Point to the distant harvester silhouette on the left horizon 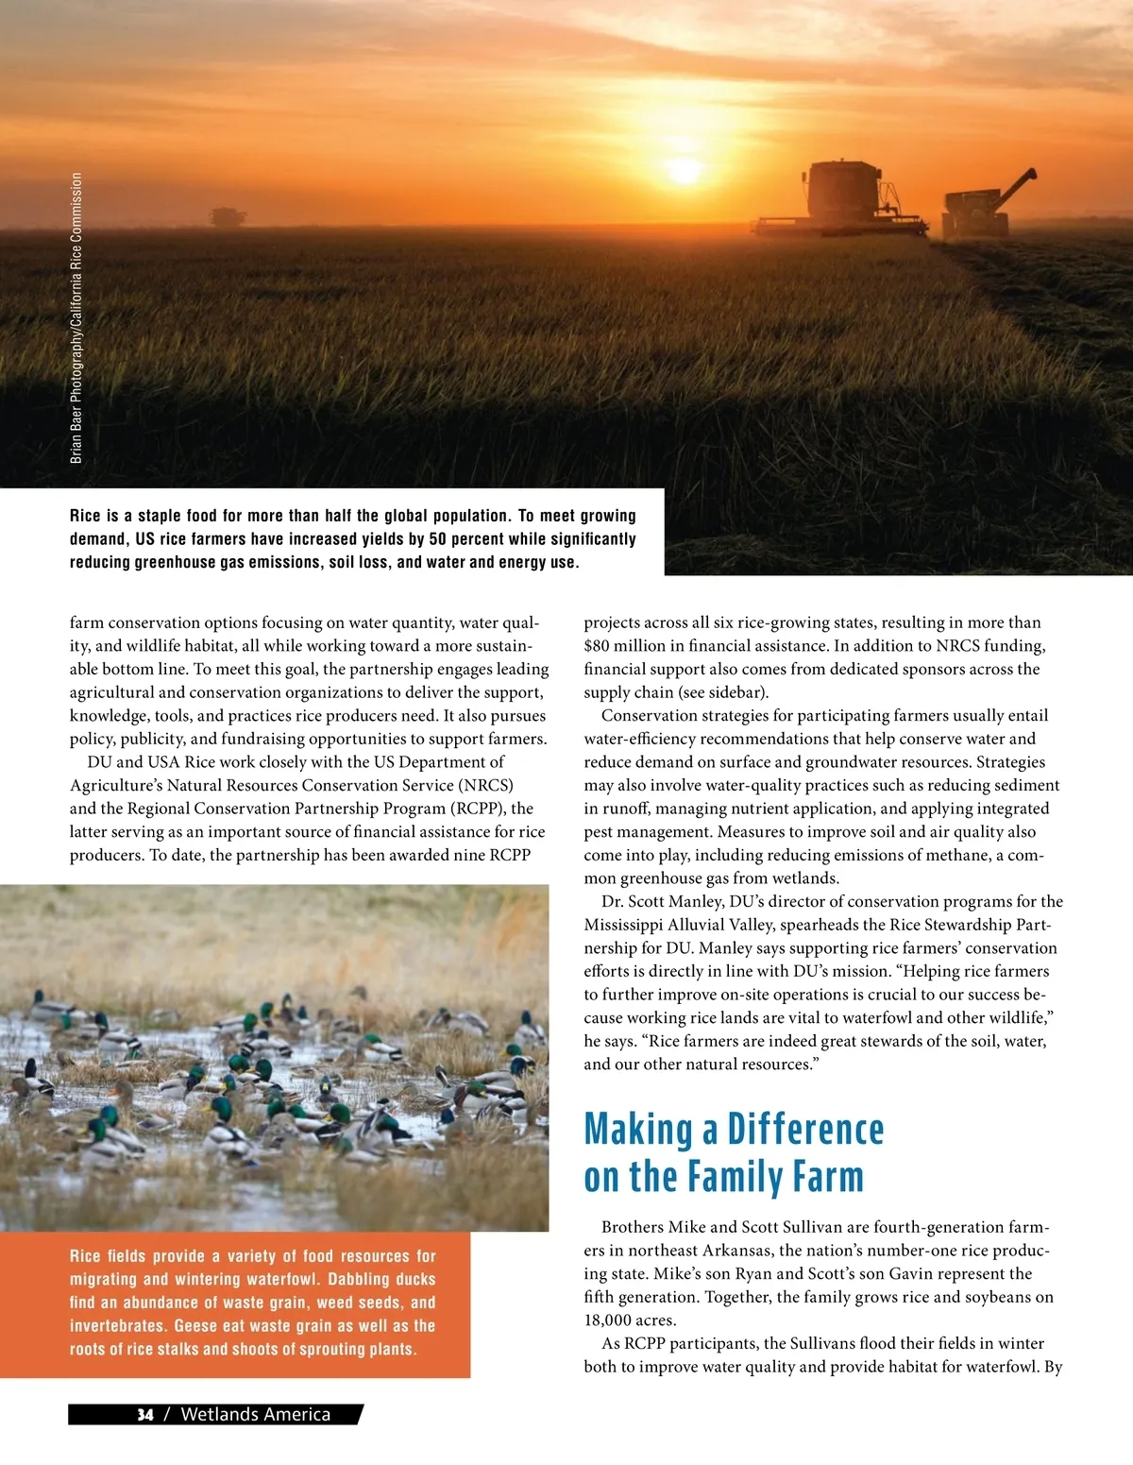point(228,216)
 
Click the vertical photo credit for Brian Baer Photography point(76,317)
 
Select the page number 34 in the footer point(144,1414)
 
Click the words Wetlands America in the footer point(255,1414)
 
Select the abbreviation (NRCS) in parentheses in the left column point(486,785)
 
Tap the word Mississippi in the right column point(623,925)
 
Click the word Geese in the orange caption point(196,1326)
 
